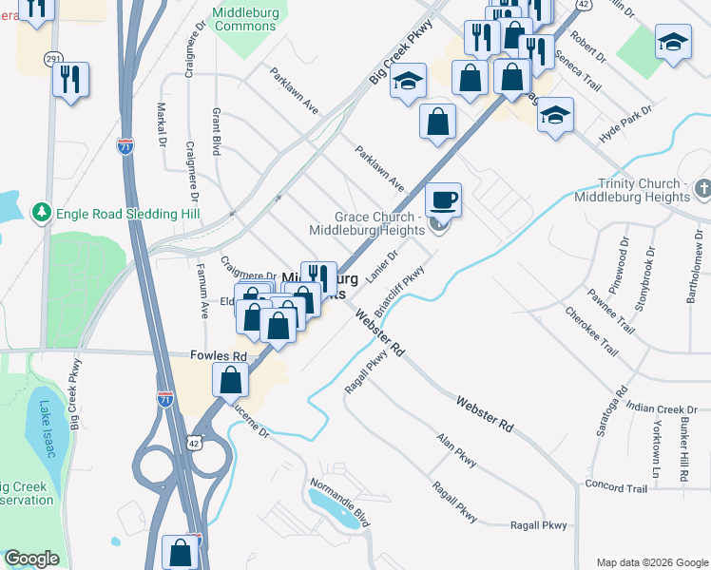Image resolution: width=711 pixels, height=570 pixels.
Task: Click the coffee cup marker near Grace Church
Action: pyautogui.click(x=443, y=200)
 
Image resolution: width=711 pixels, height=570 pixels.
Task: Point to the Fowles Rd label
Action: pyautogui.click(x=219, y=356)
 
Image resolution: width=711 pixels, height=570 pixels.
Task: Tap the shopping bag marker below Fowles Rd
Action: pyautogui.click(x=231, y=380)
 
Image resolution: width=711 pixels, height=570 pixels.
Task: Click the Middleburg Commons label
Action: pyautogui.click(x=245, y=18)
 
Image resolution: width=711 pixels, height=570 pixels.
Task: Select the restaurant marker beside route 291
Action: pyautogui.click(x=71, y=80)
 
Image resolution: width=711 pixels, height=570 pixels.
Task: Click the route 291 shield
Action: pyautogui.click(x=52, y=59)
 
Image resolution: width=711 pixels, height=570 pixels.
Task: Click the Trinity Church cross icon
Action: pyautogui.click(x=702, y=190)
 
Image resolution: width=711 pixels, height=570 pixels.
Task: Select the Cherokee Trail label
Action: pyautogui.click(x=591, y=332)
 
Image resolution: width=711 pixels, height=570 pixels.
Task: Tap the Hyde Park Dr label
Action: pyautogui.click(x=625, y=124)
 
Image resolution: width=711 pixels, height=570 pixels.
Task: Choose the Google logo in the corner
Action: pyautogui.click(x=31, y=559)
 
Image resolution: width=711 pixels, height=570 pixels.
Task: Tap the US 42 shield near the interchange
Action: pyautogui.click(x=194, y=442)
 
